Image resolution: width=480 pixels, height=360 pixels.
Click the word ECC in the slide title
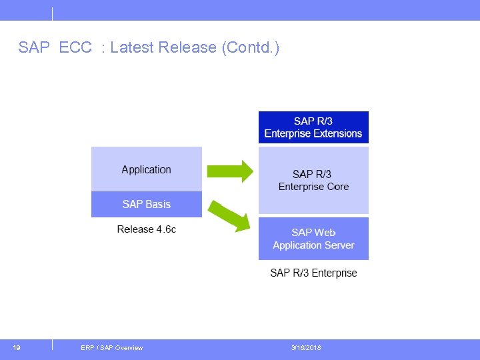pyautogui.click(x=75, y=47)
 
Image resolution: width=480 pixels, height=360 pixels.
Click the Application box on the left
pyautogui.click(x=147, y=169)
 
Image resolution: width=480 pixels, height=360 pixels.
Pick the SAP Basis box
pyautogui.click(x=147, y=204)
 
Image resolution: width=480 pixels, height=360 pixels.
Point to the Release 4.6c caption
pyautogui.click(x=147, y=229)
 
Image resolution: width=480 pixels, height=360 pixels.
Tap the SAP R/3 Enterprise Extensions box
pyautogui.click(x=313, y=127)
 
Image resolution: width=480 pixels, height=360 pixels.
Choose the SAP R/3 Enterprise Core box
pyautogui.click(x=313, y=180)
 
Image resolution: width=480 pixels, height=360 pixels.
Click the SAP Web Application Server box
pyautogui.click(x=313, y=239)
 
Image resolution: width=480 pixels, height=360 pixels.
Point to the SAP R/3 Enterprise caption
pyautogui.click(x=313, y=273)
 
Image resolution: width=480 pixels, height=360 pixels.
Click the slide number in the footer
pyautogui.click(x=17, y=347)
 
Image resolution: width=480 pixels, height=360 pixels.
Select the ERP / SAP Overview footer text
pyautogui.click(x=111, y=348)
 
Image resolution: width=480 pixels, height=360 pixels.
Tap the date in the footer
pyautogui.click(x=306, y=348)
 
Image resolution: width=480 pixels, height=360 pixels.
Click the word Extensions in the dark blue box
pyautogui.click(x=337, y=134)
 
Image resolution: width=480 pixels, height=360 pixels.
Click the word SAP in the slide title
pyautogui.click(x=33, y=47)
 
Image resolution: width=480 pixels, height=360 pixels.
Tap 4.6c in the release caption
pyautogui.click(x=166, y=229)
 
